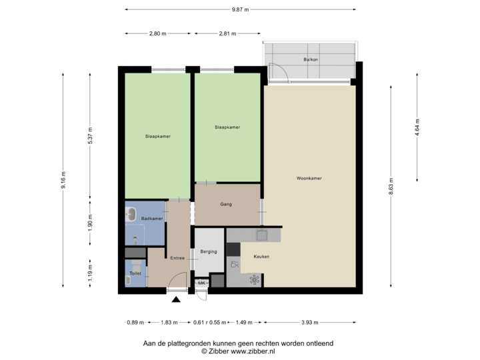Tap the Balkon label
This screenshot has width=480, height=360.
[x=310, y=59]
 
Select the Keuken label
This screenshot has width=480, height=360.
[x=261, y=257]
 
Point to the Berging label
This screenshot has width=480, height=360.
[x=209, y=252]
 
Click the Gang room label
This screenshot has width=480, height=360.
[x=226, y=204]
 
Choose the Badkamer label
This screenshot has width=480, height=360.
[x=152, y=218]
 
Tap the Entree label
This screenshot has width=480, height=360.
[x=177, y=258]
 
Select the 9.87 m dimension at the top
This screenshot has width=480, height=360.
[x=240, y=9]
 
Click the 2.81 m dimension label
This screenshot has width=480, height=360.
[x=227, y=33]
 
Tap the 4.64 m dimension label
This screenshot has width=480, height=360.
[x=417, y=127]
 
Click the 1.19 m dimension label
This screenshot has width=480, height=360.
[x=91, y=273]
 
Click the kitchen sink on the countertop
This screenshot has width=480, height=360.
[x=262, y=234]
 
